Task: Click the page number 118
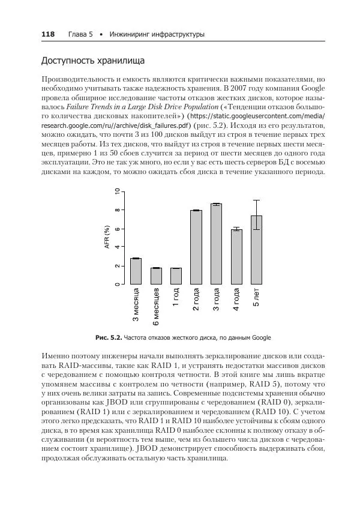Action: [48, 35]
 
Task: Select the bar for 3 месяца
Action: [136, 271]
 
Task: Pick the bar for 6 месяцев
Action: [156, 276]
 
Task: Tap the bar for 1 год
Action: [176, 276]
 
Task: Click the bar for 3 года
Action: [216, 244]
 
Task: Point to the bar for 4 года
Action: [236, 257]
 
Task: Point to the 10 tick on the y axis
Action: [118, 191]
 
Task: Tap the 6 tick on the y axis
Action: [118, 229]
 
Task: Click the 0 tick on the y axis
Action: [118, 284]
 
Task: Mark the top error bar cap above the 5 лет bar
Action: [256, 200]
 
